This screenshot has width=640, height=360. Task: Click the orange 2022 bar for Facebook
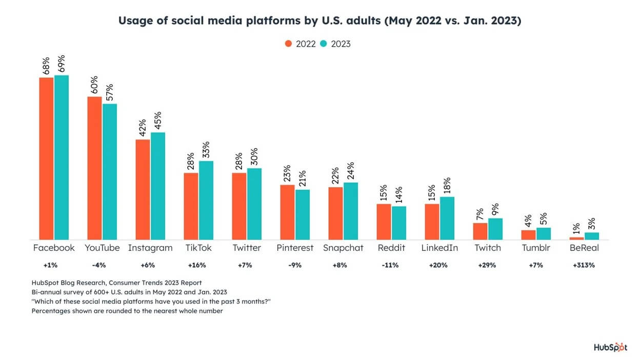(x=46, y=158)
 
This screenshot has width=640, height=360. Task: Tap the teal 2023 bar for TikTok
(x=206, y=200)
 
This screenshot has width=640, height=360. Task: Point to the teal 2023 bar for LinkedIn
(x=447, y=218)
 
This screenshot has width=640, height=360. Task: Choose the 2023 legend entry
(x=336, y=44)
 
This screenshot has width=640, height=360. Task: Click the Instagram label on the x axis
(x=151, y=248)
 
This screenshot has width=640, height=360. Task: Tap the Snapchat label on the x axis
(x=343, y=248)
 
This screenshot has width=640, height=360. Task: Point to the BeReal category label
(x=584, y=248)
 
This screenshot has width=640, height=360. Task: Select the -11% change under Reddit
(x=391, y=266)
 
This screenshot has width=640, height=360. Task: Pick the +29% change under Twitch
(x=488, y=266)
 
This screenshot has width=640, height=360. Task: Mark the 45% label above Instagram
(x=158, y=121)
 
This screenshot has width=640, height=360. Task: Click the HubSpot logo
(x=610, y=347)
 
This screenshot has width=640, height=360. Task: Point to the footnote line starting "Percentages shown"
(x=127, y=311)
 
